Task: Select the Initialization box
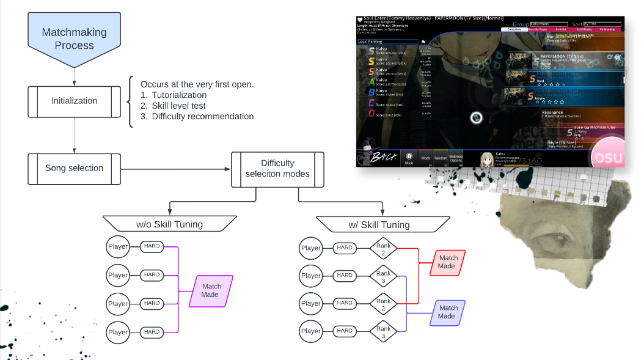pyautogui.click(x=74, y=101)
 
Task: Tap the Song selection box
pyautogui.click(x=74, y=168)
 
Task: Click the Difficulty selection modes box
pyautogui.click(x=277, y=168)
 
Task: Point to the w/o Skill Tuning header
pyautogui.click(x=169, y=224)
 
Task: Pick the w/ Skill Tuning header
pyautogui.click(x=379, y=224)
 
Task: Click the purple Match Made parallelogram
pyautogui.click(x=211, y=290)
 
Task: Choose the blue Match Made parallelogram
pyautogui.click(x=448, y=312)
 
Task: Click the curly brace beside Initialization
pyautogui.click(x=130, y=101)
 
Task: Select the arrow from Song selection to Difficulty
pyautogui.click(x=175, y=168)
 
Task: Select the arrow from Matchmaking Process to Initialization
pyautogui.click(x=74, y=75)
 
